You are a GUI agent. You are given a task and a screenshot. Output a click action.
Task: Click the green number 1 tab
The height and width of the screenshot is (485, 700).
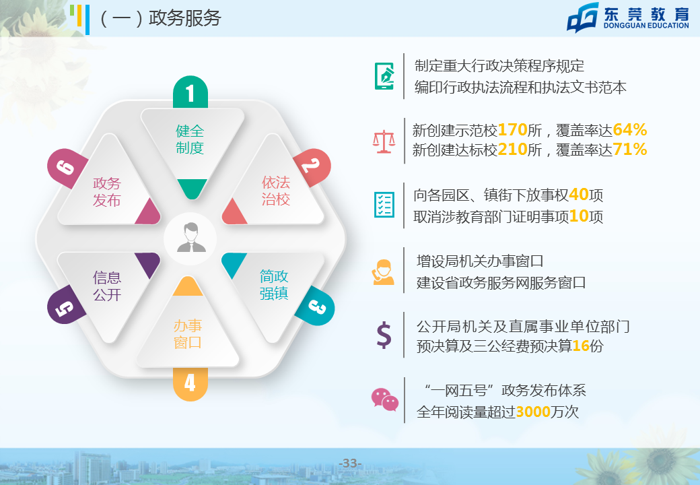click(x=190, y=92)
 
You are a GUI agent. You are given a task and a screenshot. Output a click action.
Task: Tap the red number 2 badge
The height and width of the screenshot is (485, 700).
click(x=312, y=167)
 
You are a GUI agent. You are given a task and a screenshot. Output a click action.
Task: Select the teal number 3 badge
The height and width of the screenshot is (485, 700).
click(x=316, y=306)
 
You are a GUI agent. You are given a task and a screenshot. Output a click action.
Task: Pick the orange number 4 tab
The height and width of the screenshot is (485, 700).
click(x=190, y=384)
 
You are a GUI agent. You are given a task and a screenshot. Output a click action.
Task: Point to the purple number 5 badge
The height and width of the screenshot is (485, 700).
click(x=66, y=306)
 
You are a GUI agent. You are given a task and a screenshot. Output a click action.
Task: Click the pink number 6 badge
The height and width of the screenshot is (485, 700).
click(x=67, y=168)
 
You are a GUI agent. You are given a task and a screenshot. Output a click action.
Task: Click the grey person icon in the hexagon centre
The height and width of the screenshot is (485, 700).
click(x=190, y=238)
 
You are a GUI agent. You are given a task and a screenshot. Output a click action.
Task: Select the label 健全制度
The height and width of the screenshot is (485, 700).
click(x=190, y=139)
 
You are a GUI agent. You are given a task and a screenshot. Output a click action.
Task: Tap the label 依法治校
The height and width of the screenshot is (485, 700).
click(x=276, y=191)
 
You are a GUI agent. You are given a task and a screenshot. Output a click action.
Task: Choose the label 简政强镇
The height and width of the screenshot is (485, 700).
click(x=274, y=285)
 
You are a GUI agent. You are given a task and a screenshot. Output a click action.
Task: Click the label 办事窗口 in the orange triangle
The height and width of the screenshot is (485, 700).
click(x=188, y=334)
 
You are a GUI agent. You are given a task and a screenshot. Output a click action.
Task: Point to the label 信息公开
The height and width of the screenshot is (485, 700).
click(x=107, y=286)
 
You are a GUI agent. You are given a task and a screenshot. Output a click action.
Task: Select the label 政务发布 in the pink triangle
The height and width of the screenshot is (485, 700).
click(x=107, y=191)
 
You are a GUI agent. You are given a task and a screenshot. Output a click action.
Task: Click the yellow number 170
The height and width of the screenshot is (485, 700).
click(x=512, y=129)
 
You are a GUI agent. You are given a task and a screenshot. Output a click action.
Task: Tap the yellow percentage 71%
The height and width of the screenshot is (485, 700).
click(x=629, y=149)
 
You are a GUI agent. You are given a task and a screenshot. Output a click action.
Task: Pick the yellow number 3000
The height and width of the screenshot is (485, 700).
click(x=533, y=412)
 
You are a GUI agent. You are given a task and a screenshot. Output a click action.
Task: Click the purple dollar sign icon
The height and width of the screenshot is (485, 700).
click(x=384, y=335)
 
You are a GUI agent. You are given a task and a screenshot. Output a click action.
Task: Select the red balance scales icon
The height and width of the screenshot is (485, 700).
click(x=384, y=141)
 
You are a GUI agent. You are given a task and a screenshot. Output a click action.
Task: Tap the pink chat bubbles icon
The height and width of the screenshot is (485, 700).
click(x=384, y=399)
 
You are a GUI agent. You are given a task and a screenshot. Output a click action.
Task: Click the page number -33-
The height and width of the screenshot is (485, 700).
click(x=350, y=463)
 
